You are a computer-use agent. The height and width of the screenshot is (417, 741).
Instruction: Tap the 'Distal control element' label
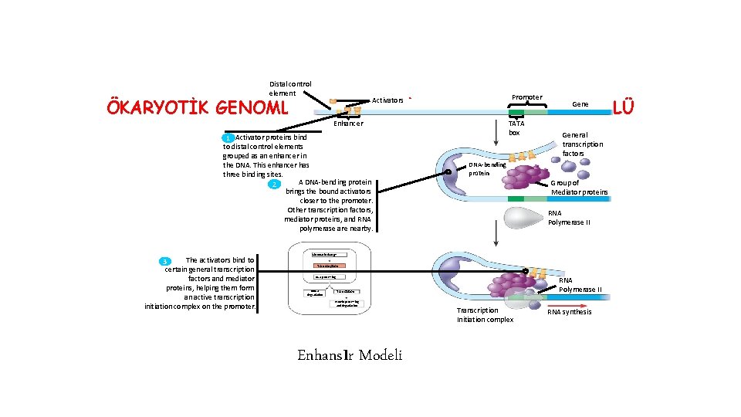pyautogui.click(x=290, y=88)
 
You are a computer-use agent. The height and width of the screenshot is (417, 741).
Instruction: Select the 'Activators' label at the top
pyautogui.click(x=387, y=100)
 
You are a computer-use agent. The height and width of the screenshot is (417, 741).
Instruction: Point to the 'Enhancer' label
pyautogui.click(x=348, y=124)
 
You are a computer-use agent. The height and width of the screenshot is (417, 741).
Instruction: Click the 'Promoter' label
pyautogui.click(x=527, y=97)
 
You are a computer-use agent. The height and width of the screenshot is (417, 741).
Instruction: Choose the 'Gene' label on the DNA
pyautogui.click(x=580, y=103)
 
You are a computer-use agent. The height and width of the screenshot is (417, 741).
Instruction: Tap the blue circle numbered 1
pyautogui.click(x=228, y=137)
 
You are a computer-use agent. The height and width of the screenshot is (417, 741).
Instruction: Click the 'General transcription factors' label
pyautogui.click(x=582, y=144)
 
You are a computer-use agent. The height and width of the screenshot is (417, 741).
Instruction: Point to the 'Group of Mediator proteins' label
pyautogui.click(x=579, y=188)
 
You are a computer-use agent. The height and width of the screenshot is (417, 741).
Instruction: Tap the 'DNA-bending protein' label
pyautogui.click(x=488, y=168)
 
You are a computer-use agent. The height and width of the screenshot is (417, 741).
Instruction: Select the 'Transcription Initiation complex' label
pyautogui.click(x=485, y=315)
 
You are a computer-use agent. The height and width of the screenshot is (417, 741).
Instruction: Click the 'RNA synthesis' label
pyautogui.click(x=570, y=312)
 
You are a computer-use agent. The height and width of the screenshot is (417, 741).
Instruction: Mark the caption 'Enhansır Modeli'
pyautogui.click(x=350, y=355)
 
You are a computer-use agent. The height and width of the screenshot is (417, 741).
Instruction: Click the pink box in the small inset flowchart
pyautogui.click(x=330, y=266)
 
